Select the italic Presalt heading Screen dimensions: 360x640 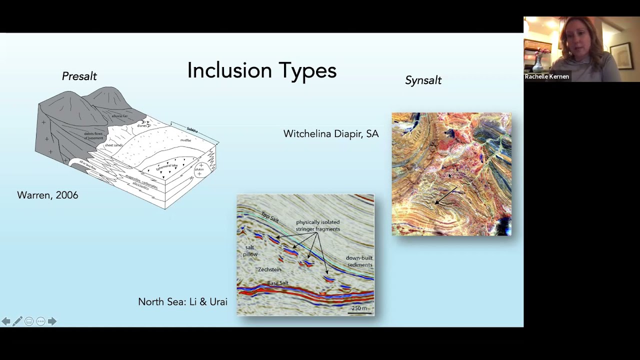point(79,76)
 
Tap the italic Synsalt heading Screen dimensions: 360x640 point(423,80)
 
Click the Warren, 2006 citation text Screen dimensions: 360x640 point(47,195)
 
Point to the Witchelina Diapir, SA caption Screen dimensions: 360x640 point(331,134)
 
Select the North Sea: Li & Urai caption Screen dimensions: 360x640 point(182,302)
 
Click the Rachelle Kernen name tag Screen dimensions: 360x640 point(547,77)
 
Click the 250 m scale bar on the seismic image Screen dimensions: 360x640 point(359,309)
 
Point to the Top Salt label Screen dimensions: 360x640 point(270,217)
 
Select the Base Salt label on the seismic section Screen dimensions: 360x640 point(277,283)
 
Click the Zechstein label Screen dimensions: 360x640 point(269,269)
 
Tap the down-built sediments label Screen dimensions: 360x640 point(359,261)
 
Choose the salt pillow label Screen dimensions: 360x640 point(250,251)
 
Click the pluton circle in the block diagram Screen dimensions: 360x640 point(200,169)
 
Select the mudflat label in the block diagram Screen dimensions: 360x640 point(185,140)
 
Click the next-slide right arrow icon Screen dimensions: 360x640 point(52,321)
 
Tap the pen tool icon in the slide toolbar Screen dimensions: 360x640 point(17,321)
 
